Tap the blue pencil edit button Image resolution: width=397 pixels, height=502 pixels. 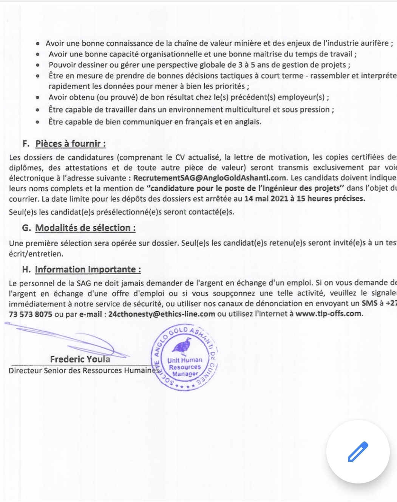coord(358,451)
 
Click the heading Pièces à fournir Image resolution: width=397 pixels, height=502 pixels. coord(70,144)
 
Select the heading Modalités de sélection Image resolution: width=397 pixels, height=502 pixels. coord(85,228)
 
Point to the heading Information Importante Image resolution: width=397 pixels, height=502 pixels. coord(88,269)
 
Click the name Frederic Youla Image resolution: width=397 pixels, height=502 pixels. coord(80,359)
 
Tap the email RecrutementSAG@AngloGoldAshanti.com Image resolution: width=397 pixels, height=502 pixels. coord(210,178)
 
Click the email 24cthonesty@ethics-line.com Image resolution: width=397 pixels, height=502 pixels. coord(162,314)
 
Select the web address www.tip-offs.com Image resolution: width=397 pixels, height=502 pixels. coord(328,314)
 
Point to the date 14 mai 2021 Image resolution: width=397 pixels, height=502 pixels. coord(266,199)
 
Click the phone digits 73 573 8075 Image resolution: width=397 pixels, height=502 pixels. coord(31,314)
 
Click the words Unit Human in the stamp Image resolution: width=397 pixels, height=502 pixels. coord(185,360)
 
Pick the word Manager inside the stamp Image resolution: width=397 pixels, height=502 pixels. coord(185,374)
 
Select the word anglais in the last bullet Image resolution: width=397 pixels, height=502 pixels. coord(248,122)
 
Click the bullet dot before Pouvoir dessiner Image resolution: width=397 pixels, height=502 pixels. coord(37,65)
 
